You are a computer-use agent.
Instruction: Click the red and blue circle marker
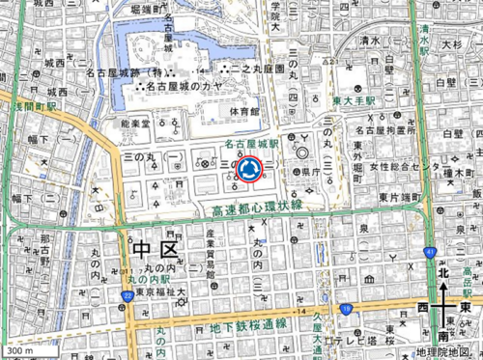click(x=249, y=169)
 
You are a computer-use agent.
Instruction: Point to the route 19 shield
click(x=345, y=309)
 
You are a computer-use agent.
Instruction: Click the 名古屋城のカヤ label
click(x=182, y=86)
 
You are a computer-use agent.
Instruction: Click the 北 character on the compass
click(x=443, y=274)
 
